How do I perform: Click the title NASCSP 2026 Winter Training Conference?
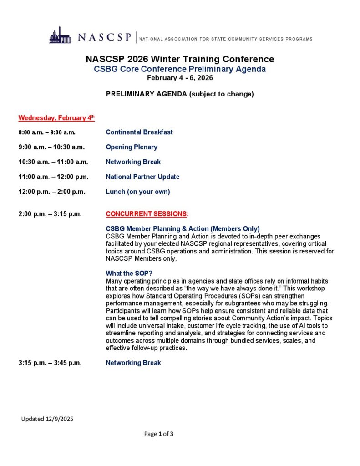[180, 59]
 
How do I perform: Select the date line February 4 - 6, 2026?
[180, 78]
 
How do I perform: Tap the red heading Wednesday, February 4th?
[56, 118]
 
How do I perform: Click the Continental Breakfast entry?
[139, 132]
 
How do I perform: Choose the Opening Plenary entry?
[132, 147]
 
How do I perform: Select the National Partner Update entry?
[142, 177]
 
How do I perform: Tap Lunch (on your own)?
[138, 192]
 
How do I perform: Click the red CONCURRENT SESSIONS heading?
[147, 214]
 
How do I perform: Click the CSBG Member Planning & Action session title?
[183, 229]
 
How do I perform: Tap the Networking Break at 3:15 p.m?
[133, 363]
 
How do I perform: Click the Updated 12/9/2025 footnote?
[47, 419]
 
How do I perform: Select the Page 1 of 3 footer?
[159, 434]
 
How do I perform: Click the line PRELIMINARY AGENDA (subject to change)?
[180, 94]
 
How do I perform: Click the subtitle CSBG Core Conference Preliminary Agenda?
[180, 69]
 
